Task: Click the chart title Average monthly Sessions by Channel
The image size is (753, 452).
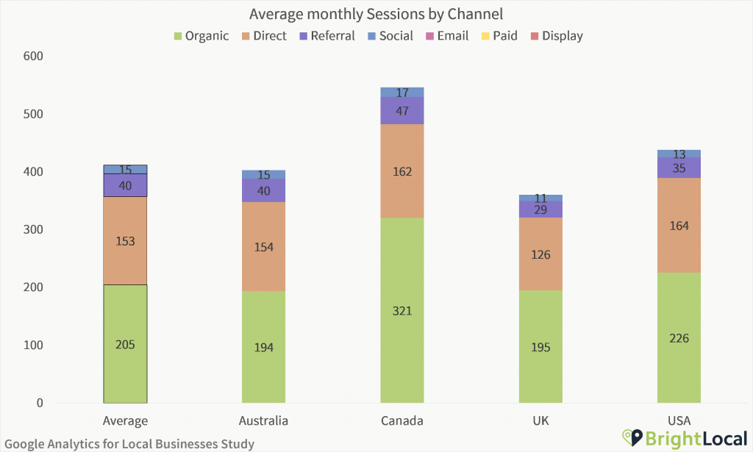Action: tap(376, 14)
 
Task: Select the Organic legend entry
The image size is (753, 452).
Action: tap(201, 36)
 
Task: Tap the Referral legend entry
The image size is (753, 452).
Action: tap(326, 36)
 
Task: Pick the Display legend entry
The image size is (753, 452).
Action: tap(556, 36)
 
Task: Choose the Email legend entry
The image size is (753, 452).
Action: tap(446, 36)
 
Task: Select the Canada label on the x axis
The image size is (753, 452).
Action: tap(402, 421)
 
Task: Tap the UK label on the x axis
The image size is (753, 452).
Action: tap(540, 421)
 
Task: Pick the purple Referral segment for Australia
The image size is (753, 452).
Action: tap(264, 190)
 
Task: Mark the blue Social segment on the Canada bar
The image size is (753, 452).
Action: tap(402, 92)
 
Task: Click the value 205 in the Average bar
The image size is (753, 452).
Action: tap(125, 345)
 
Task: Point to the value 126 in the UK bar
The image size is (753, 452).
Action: tap(540, 255)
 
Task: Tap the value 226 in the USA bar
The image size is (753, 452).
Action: tap(679, 338)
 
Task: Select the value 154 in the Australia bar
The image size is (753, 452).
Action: tap(264, 247)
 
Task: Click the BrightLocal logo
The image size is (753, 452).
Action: tap(684, 438)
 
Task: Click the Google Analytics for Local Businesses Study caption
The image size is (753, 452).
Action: tap(129, 443)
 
